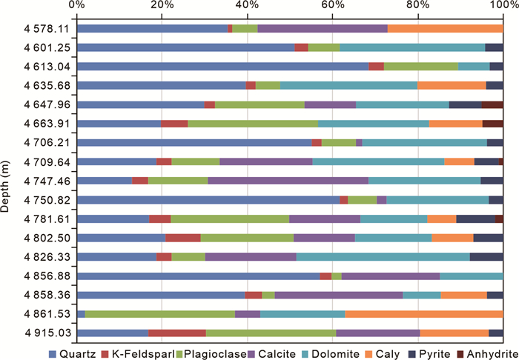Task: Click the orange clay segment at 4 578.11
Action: tap(445, 29)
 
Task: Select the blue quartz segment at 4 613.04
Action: tap(222, 67)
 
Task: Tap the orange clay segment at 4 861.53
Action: tap(423, 314)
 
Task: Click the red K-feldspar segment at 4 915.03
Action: tap(177, 333)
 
